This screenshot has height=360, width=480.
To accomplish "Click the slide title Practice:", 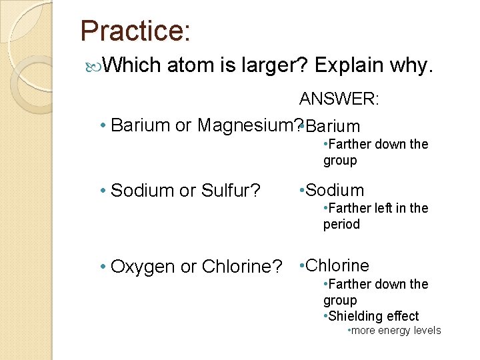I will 135,31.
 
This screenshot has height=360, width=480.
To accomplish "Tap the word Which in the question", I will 133,65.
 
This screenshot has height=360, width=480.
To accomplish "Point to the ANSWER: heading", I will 339,99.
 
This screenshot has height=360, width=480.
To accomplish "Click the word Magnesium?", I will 247,125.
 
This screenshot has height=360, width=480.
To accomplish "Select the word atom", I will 187,65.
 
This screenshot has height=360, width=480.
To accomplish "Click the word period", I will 341,224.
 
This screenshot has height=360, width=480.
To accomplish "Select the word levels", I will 427,331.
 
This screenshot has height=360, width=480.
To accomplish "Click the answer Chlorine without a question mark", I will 338,265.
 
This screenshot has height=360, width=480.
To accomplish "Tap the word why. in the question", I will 413,65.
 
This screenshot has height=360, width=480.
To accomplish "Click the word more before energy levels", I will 363,331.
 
